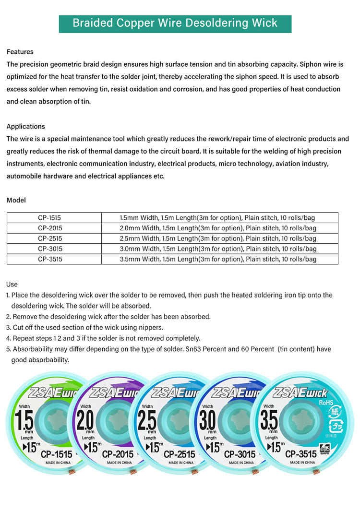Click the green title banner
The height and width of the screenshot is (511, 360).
pos(175,23)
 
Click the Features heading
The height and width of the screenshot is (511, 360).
pos(20,52)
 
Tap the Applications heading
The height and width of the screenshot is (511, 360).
pos(26,127)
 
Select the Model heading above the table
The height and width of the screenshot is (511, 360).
pos(16,200)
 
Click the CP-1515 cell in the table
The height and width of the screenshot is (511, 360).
pos(50,218)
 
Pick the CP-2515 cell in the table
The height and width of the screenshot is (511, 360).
pos(50,238)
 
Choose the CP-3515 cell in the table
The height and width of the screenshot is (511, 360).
pos(50,259)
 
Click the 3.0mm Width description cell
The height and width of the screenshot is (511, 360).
pos(218,249)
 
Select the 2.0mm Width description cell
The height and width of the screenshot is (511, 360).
pos(218,228)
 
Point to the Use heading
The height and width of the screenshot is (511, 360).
pos(12,285)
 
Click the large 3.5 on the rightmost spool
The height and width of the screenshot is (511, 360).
pos(269,421)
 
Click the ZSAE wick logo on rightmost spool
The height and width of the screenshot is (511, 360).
pos(301,392)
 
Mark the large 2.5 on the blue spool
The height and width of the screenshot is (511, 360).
pos(147,421)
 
